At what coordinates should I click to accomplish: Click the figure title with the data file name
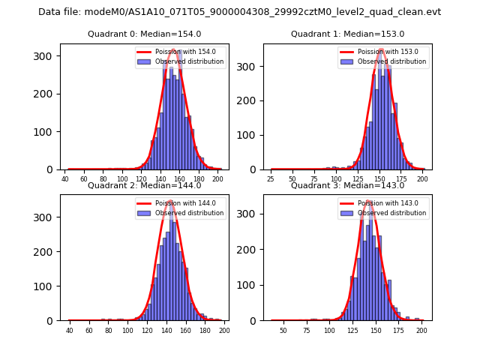pos(239,12)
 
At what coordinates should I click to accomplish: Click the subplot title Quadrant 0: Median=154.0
pos(144,34)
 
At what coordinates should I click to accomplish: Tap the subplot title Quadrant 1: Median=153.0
pos(347,34)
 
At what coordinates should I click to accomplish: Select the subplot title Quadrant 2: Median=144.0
pos(144,185)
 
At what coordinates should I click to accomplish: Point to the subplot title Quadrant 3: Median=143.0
pos(347,185)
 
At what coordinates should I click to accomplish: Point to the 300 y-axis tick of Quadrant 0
pos(46,56)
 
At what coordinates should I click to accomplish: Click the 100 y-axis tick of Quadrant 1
pos(250,135)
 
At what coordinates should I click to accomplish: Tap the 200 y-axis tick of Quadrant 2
pos(46,252)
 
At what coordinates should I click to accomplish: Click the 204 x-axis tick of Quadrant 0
pos(217,179)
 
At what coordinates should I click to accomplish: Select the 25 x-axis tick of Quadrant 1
pos(271,179)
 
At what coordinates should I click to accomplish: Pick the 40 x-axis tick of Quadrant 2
pos(70,331)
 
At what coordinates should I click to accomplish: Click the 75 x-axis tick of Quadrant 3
pos(306,331)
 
